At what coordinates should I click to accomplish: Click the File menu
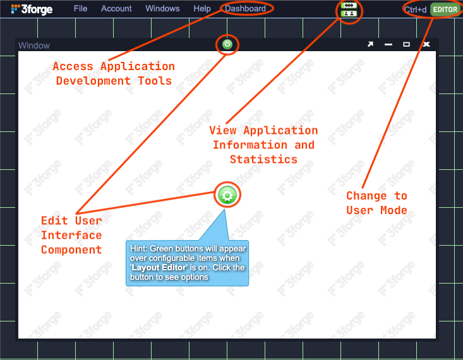coord(80,9)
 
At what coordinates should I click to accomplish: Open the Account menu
coord(116,9)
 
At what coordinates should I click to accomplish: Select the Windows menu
coord(162,9)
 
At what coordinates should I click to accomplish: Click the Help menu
coord(202,9)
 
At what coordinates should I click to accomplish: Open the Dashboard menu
coord(246,9)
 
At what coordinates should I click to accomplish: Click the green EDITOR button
coord(445,9)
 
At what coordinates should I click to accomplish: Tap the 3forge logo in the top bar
coord(32,9)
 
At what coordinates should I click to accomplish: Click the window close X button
coord(426,45)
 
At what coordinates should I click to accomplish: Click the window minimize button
coord(388,45)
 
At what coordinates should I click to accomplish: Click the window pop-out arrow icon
coord(371,45)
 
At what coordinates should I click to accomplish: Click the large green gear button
coord(227,195)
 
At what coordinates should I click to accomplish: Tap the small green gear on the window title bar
coord(227,45)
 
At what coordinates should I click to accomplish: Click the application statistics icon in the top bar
coord(348,9)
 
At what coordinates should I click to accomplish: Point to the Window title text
coord(34,45)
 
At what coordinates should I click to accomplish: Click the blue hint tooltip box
coord(188,262)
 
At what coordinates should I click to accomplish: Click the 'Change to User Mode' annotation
coord(376,203)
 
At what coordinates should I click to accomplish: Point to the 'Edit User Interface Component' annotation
coord(71,235)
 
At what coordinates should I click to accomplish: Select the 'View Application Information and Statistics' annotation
coord(263,145)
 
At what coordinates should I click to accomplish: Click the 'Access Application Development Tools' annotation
coord(114,73)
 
